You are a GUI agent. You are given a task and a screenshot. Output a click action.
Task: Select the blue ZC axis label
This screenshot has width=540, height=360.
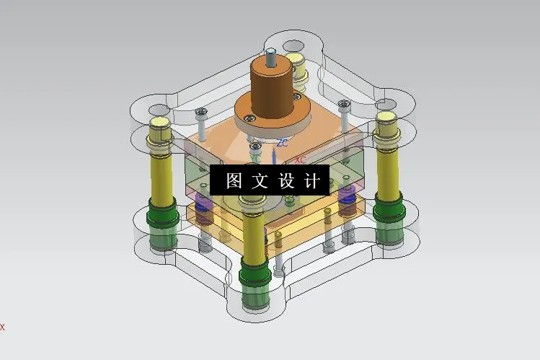click(282, 143)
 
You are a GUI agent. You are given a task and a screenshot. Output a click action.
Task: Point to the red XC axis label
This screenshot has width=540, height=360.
click(301, 159)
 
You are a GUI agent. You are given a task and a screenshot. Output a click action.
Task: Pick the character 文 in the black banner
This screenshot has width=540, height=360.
click(260, 180)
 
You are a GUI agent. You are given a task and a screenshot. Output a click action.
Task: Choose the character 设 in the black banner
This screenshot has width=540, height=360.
click(286, 180)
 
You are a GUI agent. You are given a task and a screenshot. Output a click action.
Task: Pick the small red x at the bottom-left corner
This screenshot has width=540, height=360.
click(2, 327)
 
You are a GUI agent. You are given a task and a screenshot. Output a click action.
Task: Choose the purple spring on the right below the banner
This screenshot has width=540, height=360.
click(345, 196)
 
